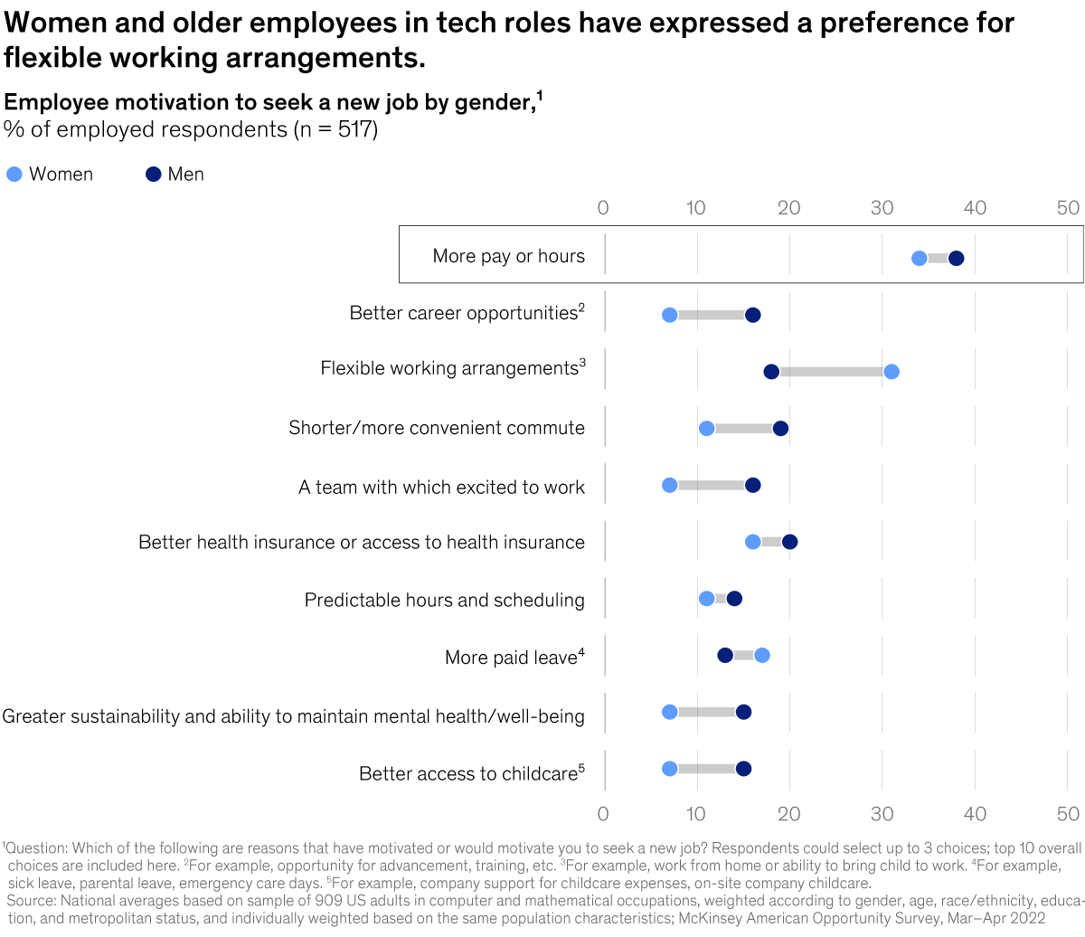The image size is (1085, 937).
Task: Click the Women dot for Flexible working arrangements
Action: click(892, 372)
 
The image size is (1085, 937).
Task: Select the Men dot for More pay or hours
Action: click(956, 259)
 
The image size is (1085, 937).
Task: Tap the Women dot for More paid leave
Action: click(762, 655)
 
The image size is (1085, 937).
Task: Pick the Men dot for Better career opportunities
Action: click(752, 315)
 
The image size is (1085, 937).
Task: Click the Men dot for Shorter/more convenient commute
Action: click(780, 428)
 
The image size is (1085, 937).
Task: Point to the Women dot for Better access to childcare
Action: click(669, 769)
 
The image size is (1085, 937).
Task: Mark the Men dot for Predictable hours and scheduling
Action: click(734, 599)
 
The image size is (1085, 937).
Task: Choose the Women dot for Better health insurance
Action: click(752, 542)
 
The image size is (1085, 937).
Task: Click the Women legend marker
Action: click(14, 175)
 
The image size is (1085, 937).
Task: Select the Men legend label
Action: click(185, 175)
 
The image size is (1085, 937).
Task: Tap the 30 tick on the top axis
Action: click(882, 208)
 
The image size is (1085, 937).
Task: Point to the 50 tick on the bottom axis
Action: click(1068, 813)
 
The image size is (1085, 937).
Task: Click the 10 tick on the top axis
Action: click(695, 208)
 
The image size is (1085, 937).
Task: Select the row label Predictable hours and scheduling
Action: click(444, 600)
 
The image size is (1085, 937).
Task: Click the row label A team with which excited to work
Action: click(441, 487)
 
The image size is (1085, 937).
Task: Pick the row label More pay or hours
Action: click(508, 256)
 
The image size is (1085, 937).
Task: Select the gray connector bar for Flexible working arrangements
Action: click(832, 372)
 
